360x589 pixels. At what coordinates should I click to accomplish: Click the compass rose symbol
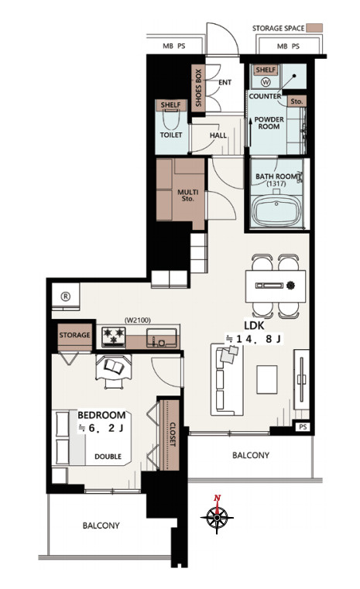click(217, 517)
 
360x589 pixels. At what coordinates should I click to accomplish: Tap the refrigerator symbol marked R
click(66, 296)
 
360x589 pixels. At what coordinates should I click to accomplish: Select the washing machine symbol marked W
click(266, 81)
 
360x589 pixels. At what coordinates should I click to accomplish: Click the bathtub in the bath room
click(276, 211)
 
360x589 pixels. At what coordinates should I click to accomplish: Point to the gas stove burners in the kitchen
click(114, 336)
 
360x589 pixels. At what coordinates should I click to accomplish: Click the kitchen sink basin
click(162, 337)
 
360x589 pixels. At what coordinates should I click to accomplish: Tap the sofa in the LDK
click(227, 379)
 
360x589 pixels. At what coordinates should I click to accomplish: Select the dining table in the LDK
click(276, 286)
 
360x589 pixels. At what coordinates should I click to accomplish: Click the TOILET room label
click(171, 135)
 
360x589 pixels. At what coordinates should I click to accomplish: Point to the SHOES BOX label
click(198, 87)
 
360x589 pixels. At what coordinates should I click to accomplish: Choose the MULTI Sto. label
click(188, 195)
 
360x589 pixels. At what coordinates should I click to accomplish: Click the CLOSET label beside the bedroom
click(173, 435)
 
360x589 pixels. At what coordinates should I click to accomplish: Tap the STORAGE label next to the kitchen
click(74, 335)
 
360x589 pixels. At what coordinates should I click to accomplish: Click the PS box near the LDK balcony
click(303, 427)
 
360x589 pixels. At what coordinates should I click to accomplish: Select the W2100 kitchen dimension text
click(137, 320)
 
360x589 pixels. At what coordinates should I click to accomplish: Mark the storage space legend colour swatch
click(314, 28)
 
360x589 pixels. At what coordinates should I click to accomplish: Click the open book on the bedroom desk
click(114, 366)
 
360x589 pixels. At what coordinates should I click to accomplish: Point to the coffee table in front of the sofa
click(267, 379)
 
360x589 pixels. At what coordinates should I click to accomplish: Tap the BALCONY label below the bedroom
click(101, 526)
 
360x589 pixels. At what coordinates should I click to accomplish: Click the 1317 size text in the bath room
click(276, 184)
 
